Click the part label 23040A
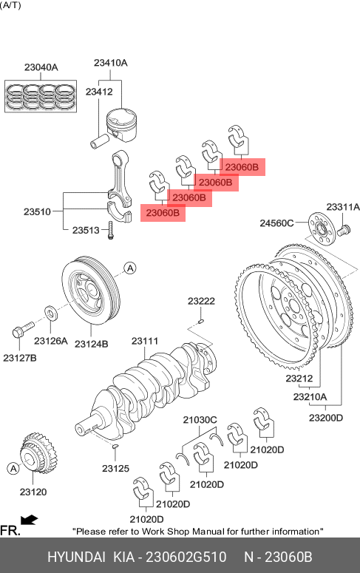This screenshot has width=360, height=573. pyautogui.click(x=41, y=67)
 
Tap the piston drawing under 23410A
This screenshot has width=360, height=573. pyautogui.click(x=122, y=125)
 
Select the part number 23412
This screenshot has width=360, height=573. pyautogui.click(x=99, y=92)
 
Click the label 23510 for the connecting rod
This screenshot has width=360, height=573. pyautogui.click(x=37, y=211)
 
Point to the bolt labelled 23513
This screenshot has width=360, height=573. pyautogui.click(x=111, y=230)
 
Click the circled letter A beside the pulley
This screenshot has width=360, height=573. pyautogui.click(x=130, y=268)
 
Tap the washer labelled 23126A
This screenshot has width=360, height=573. pyautogui.click(x=50, y=313)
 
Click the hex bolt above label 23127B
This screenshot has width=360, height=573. pyautogui.click(x=23, y=329)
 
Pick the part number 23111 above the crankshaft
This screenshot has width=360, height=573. pyautogui.click(x=145, y=341)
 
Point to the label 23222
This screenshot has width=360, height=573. pyautogui.click(x=201, y=301)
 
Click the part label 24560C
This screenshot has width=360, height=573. pyautogui.click(x=276, y=223)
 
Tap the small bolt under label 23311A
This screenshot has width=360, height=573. pyautogui.click(x=344, y=230)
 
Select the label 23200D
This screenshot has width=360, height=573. pyautogui.click(x=326, y=418)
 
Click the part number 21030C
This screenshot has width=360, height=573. pyautogui.click(x=200, y=420)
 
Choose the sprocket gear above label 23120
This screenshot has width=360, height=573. pyautogui.click(x=38, y=453)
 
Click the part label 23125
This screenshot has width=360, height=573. pyautogui.click(x=115, y=469)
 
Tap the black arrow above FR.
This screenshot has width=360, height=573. pyautogui.click(x=30, y=520)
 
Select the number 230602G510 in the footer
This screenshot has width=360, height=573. pyautogui.click(x=186, y=557)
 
